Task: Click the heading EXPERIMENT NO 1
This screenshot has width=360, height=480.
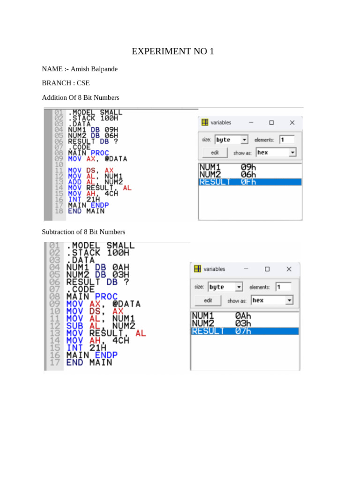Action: pos(172,51)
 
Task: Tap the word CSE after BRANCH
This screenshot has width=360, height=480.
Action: pos(83,83)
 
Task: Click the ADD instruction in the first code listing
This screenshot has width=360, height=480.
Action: pos(75,182)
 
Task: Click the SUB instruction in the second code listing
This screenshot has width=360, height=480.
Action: pos(75,326)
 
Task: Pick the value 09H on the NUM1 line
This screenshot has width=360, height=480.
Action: pos(111,130)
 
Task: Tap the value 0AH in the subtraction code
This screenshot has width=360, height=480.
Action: pos(120,267)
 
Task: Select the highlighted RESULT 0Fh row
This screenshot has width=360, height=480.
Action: pos(250,182)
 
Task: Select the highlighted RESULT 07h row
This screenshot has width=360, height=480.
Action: pos(245,331)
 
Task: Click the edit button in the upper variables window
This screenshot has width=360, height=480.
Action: pos(215,152)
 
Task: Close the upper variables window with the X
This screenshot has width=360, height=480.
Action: pos(292,122)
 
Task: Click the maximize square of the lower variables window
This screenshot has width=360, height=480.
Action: pos(267,269)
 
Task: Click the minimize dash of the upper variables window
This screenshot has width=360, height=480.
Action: pos(251,122)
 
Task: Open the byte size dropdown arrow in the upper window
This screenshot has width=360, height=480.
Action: pos(244,140)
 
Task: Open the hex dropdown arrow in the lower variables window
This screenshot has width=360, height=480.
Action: pos(289,300)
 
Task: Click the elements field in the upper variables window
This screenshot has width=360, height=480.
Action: pos(287,140)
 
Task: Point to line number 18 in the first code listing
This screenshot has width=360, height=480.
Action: pos(59,211)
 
